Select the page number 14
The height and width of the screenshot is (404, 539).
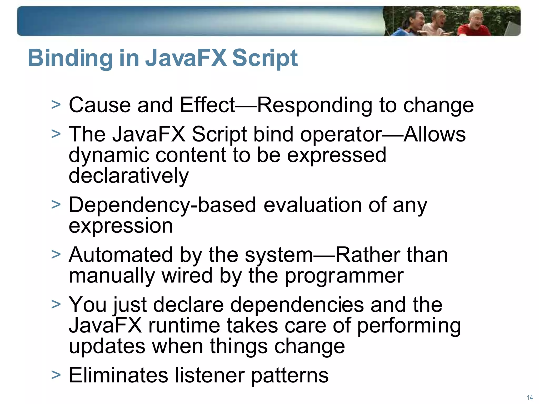tap(530, 397)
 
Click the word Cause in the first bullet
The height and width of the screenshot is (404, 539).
tap(99, 105)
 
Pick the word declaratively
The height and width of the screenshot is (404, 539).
tap(129, 176)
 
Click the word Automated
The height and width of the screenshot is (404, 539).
tap(121, 255)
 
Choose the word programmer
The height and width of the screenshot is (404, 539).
tap(344, 276)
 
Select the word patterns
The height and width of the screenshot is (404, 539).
tap(290, 376)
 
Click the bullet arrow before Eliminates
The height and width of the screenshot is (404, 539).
tap(56, 375)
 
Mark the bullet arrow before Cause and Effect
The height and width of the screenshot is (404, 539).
tap(56, 105)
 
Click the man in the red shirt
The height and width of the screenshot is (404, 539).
tap(473, 25)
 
